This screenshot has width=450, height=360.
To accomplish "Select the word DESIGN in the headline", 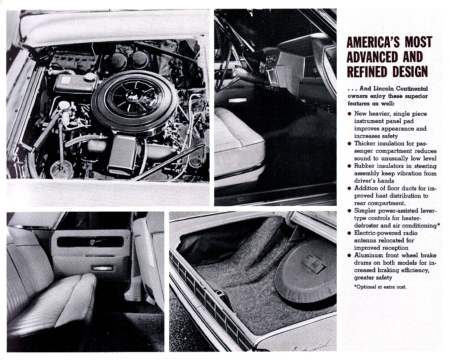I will (410, 71).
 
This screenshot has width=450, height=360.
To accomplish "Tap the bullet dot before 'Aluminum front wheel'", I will (349, 255).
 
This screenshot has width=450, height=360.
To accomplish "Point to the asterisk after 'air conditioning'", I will (439, 225).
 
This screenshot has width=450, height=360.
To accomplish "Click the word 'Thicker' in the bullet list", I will (366, 144).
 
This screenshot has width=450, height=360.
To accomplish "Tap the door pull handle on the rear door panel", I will (102, 269).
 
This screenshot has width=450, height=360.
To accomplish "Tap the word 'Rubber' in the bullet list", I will (365, 166).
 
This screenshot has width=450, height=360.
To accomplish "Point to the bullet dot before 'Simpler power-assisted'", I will (349, 211).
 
